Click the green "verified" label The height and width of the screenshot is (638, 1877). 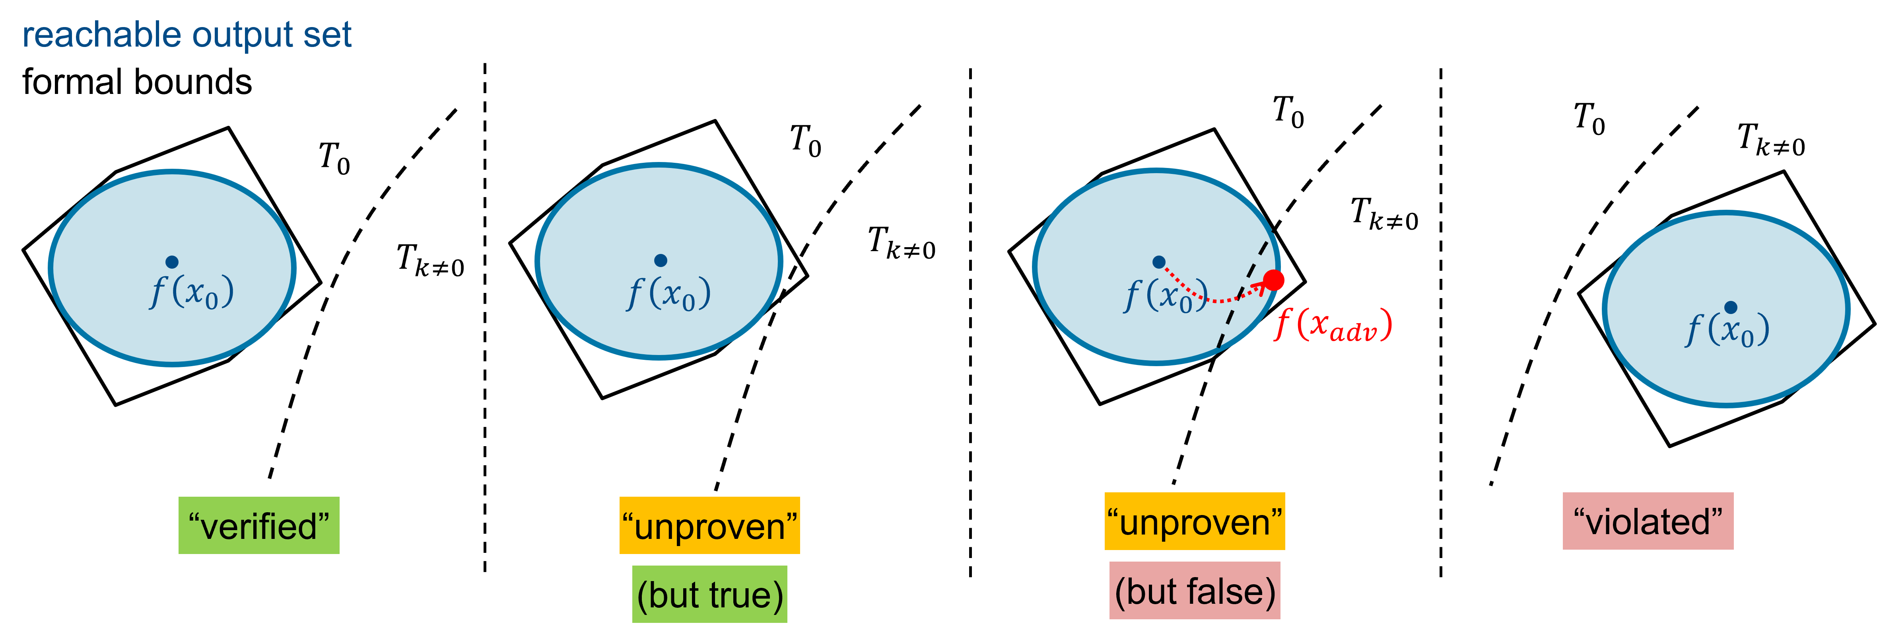(x=258, y=526)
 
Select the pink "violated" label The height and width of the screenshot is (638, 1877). (x=1648, y=521)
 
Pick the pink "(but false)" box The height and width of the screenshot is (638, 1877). (x=1194, y=591)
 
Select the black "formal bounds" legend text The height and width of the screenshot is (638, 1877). (x=137, y=82)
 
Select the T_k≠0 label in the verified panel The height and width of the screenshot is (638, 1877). (x=430, y=260)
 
